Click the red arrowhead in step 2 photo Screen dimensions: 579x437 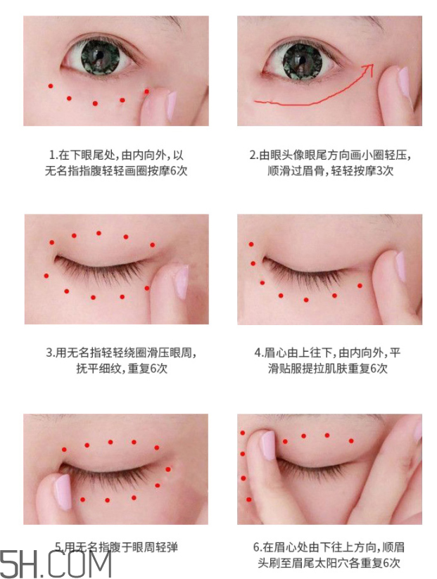tap(370, 66)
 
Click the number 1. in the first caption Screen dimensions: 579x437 tap(53, 155)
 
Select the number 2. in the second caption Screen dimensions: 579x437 tap(254, 155)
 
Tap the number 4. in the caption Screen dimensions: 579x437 tap(258, 353)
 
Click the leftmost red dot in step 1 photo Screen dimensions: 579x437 tap(50, 87)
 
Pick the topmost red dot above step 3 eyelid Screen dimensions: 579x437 tap(99, 233)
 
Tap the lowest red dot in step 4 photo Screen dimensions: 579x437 tap(306, 300)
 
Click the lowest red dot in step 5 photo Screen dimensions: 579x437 tap(108, 500)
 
